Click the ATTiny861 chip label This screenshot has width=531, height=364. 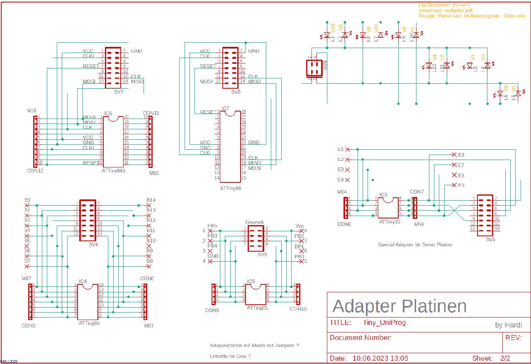coord(113,170)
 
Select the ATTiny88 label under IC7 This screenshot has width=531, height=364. coord(230,188)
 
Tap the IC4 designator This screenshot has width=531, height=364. coord(83,281)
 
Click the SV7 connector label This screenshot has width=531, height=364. coord(118,92)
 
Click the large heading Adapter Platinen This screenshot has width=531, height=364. coord(399,306)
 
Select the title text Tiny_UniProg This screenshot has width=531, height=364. coord(384,323)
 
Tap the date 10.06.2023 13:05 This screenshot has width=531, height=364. coord(380,358)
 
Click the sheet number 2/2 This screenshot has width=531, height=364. coord(505,358)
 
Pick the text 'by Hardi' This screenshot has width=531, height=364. coord(508,325)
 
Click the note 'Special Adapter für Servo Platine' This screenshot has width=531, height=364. coord(415,245)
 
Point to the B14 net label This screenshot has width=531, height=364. coord(151,200)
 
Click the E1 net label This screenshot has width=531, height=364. coord(341,149)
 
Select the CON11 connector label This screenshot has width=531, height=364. coord(151,113)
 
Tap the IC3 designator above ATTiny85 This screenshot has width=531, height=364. coord(383,194)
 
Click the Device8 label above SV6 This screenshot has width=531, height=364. coord(254,223)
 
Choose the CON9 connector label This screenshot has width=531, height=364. coord(212,310)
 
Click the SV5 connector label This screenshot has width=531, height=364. coord(491,239)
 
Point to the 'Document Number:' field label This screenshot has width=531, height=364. coord(360,337)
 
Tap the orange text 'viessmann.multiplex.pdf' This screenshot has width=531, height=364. coord(445,10)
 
